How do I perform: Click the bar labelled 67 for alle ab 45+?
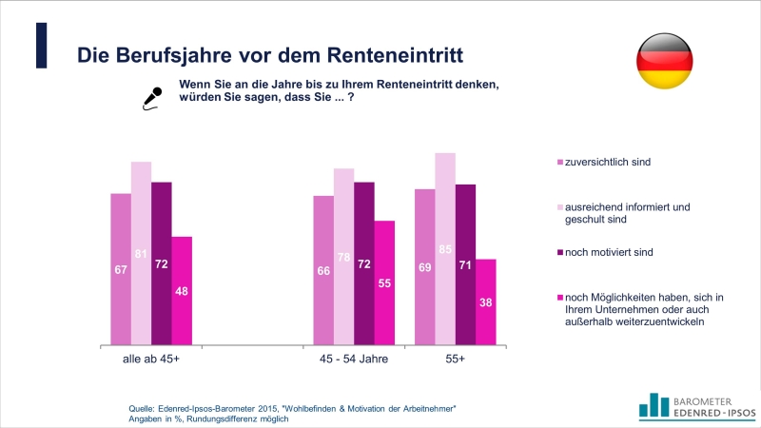click(x=121, y=268)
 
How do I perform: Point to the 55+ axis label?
click(x=456, y=360)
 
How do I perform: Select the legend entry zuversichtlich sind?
click(x=608, y=162)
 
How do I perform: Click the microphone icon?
click(x=150, y=98)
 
